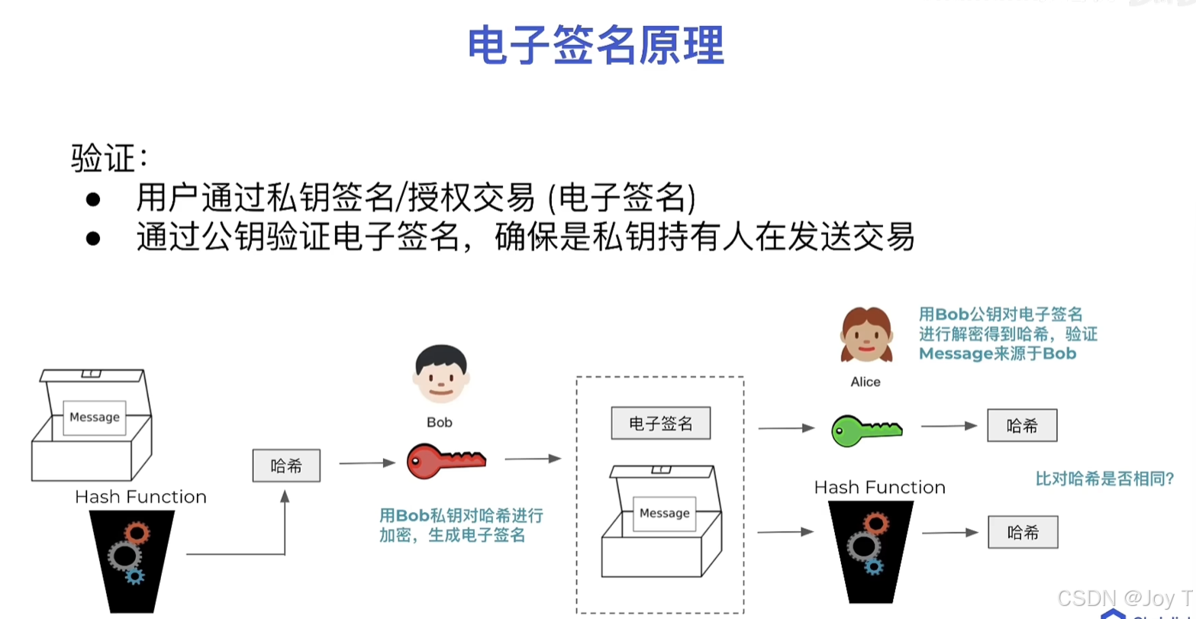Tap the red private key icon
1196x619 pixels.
446,460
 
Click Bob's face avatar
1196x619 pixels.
440,374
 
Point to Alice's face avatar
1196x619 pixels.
866,334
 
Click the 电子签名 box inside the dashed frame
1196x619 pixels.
661,424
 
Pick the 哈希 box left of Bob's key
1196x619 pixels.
286,466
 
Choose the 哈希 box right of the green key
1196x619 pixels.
1022,426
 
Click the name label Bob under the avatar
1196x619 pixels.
440,421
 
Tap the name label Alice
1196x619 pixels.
866,382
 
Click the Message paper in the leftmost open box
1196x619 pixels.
95,417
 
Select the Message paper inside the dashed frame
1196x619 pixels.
664,513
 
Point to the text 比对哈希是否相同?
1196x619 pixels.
1104,479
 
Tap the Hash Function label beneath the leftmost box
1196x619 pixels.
140,497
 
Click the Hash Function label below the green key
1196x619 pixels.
879,487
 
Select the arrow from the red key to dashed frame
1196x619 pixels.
533,459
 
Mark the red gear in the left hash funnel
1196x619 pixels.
136,533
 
